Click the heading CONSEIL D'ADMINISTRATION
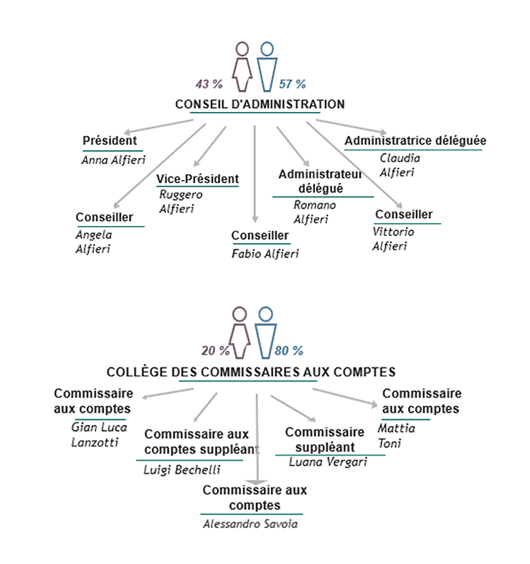260,104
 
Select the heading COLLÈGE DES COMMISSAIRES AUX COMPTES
251,372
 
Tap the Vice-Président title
197,179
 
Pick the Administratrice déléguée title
415,141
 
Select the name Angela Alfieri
94,242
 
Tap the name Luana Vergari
328,461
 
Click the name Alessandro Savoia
250,524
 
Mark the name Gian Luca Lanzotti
98,434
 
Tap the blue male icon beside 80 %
265,332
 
